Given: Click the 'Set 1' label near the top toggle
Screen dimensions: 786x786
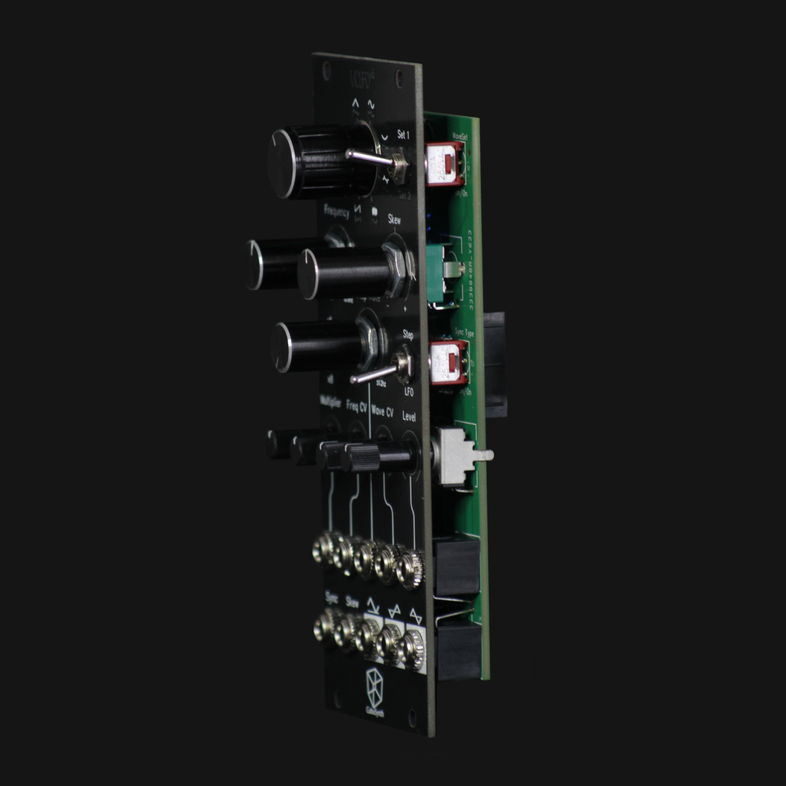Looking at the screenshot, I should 403,135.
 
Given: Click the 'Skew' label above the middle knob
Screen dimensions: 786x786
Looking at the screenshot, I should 394,220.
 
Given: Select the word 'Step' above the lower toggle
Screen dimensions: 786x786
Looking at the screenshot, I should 408,335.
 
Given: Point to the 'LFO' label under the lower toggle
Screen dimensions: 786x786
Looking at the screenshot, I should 408,392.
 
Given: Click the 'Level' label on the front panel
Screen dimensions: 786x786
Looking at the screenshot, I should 409,417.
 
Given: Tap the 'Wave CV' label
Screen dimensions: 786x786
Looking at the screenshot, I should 382,411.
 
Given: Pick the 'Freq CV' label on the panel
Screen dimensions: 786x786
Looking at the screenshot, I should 357,405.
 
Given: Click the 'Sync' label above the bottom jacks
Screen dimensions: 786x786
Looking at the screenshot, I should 331,598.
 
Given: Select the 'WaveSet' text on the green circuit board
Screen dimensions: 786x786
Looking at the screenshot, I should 460,137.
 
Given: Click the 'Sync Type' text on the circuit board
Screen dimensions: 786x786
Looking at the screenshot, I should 464,333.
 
